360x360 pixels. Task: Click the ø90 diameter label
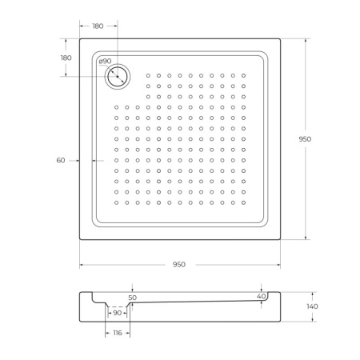tap(104, 62)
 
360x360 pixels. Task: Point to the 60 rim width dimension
tap(61, 161)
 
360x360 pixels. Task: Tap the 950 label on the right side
tap(304, 138)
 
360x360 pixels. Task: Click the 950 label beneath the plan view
tap(178, 264)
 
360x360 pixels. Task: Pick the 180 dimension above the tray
tap(98, 26)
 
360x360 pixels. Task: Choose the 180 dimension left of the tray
tap(66, 58)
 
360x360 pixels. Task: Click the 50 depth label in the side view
tap(132, 297)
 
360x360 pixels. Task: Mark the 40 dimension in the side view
tap(261, 296)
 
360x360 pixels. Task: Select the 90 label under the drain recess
tap(117, 312)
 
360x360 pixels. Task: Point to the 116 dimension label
tap(117, 331)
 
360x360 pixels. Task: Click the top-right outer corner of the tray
tap(281, 37)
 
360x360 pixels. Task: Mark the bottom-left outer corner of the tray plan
tap(79, 238)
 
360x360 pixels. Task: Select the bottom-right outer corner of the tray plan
tap(281, 238)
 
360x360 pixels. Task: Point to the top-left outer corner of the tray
tap(79, 37)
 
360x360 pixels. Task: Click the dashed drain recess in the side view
tap(118, 306)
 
